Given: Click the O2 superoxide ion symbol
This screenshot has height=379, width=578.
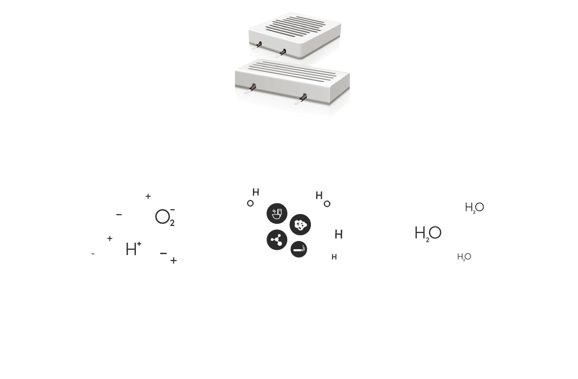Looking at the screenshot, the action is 165,217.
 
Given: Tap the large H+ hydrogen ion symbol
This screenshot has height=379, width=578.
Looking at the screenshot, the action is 134,249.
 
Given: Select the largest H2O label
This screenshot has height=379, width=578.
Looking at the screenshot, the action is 428,234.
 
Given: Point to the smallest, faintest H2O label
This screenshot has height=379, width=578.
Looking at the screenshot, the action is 464,257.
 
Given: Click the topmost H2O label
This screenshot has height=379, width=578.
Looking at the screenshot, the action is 475,208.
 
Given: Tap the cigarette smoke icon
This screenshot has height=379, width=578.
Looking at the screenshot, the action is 299,249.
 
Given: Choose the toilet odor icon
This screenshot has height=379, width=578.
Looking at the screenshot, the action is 277,213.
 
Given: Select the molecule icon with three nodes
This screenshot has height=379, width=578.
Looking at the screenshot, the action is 277,239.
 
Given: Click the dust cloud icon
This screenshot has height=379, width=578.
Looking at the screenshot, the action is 300,225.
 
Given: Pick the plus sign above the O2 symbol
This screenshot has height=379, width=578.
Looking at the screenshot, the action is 148,196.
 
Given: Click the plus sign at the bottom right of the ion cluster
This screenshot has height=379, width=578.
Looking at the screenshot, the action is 173,261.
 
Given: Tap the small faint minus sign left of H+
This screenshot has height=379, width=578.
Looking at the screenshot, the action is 93,254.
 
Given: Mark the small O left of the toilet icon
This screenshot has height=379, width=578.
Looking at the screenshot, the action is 250,203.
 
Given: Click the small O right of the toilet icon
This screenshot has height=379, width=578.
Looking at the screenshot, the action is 327,204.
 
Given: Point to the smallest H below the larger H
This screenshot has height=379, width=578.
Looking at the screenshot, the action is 334,257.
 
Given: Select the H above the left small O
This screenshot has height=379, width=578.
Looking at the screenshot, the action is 256,192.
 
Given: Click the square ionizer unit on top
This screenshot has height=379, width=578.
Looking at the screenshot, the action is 295,35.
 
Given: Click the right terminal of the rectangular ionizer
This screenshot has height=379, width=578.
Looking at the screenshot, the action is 301,99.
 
